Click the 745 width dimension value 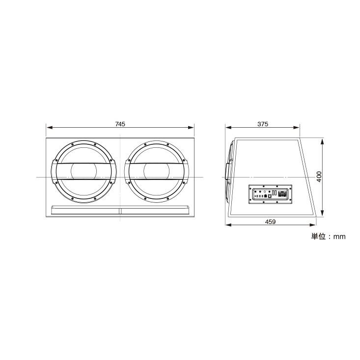120,124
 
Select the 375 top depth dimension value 263,124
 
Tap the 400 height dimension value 319,177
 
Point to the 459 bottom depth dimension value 270,222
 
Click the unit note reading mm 328,236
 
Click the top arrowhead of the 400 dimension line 322,140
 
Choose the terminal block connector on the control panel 282,194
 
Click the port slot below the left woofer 85,210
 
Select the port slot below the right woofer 155,210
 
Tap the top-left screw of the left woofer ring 72,144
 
